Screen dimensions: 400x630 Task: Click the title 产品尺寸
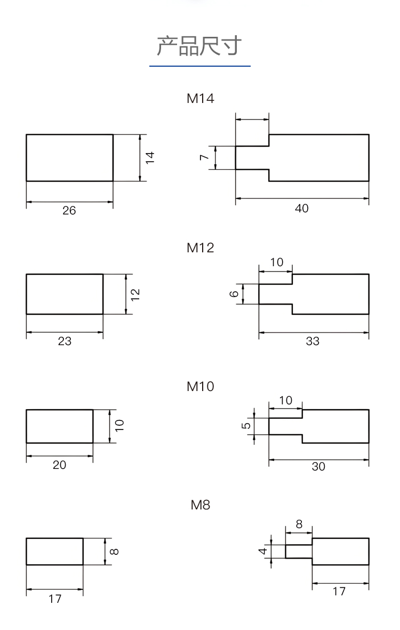(x=199, y=45)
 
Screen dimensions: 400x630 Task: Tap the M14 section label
(x=201, y=99)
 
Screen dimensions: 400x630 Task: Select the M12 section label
(x=201, y=248)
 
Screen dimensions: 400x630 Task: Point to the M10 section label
(x=201, y=387)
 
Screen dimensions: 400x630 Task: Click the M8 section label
(x=201, y=505)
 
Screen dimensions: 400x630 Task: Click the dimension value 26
(x=69, y=211)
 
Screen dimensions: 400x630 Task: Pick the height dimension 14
(x=150, y=157)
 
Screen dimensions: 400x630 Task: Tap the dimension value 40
(x=302, y=208)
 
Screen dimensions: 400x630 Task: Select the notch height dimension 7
(x=204, y=157)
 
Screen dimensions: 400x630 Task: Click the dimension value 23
(x=65, y=341)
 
